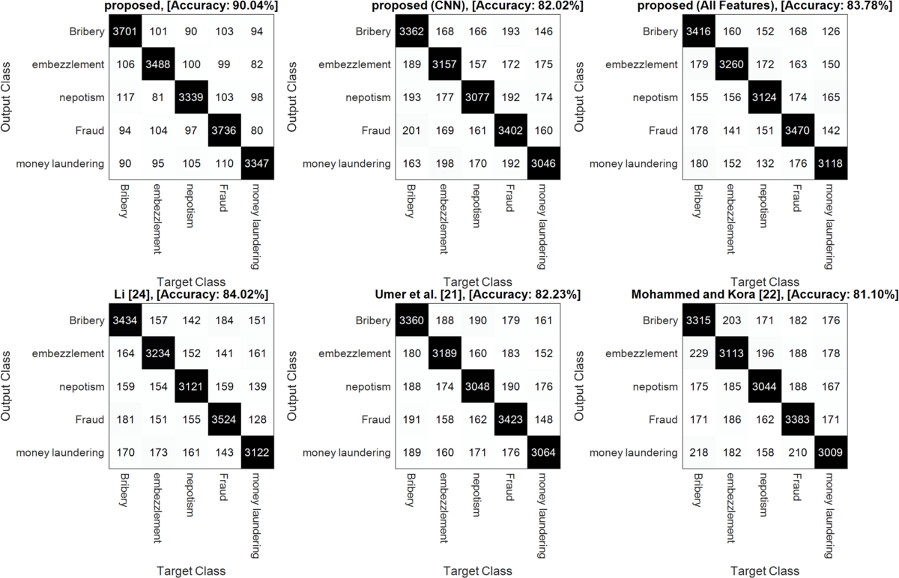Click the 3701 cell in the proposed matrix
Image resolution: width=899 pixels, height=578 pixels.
(125, 31)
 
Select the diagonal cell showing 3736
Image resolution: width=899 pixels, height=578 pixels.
(226, 130)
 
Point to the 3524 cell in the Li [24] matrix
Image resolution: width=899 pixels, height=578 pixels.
(226, 419)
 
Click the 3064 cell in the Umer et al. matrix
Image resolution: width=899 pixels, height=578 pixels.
(545, 452)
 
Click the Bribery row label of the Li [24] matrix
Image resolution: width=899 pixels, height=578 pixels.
(87, 320)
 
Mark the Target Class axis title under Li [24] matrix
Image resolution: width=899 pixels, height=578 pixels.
(191, 571)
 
